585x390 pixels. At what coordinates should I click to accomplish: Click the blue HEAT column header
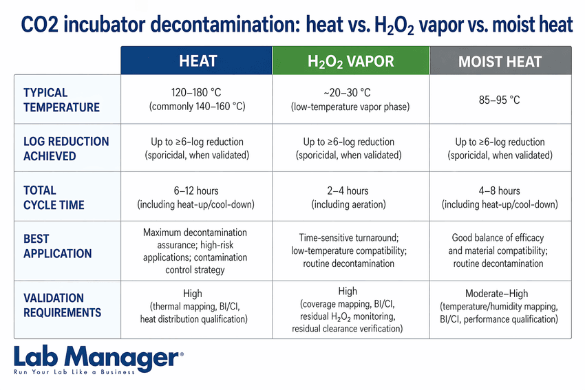click(198, 61)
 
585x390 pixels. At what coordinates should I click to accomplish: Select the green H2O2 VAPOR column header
click(351, 61)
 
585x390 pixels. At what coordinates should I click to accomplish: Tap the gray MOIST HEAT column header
click(500, 61)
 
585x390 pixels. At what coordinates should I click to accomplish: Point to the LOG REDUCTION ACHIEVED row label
click(66, 149)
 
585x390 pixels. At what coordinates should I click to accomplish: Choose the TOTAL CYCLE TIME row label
click(54, 197)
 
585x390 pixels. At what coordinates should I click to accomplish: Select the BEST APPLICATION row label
click(57, 246)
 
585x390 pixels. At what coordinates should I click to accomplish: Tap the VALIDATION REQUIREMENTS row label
click(62, 305)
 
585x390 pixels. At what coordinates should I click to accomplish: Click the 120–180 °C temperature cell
click(198, 100)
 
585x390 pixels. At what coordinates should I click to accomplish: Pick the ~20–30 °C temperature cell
click(351, 100)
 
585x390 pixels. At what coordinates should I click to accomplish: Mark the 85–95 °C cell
click(500, 100)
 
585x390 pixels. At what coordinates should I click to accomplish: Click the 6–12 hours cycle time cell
click(198, 197)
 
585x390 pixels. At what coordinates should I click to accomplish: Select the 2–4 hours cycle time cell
click(351, 197)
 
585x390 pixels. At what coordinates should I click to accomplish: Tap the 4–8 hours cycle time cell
click(500, 197)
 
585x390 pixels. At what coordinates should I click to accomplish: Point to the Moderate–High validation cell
click(500, 305)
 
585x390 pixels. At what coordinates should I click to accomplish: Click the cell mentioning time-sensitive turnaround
click(351, 250)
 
